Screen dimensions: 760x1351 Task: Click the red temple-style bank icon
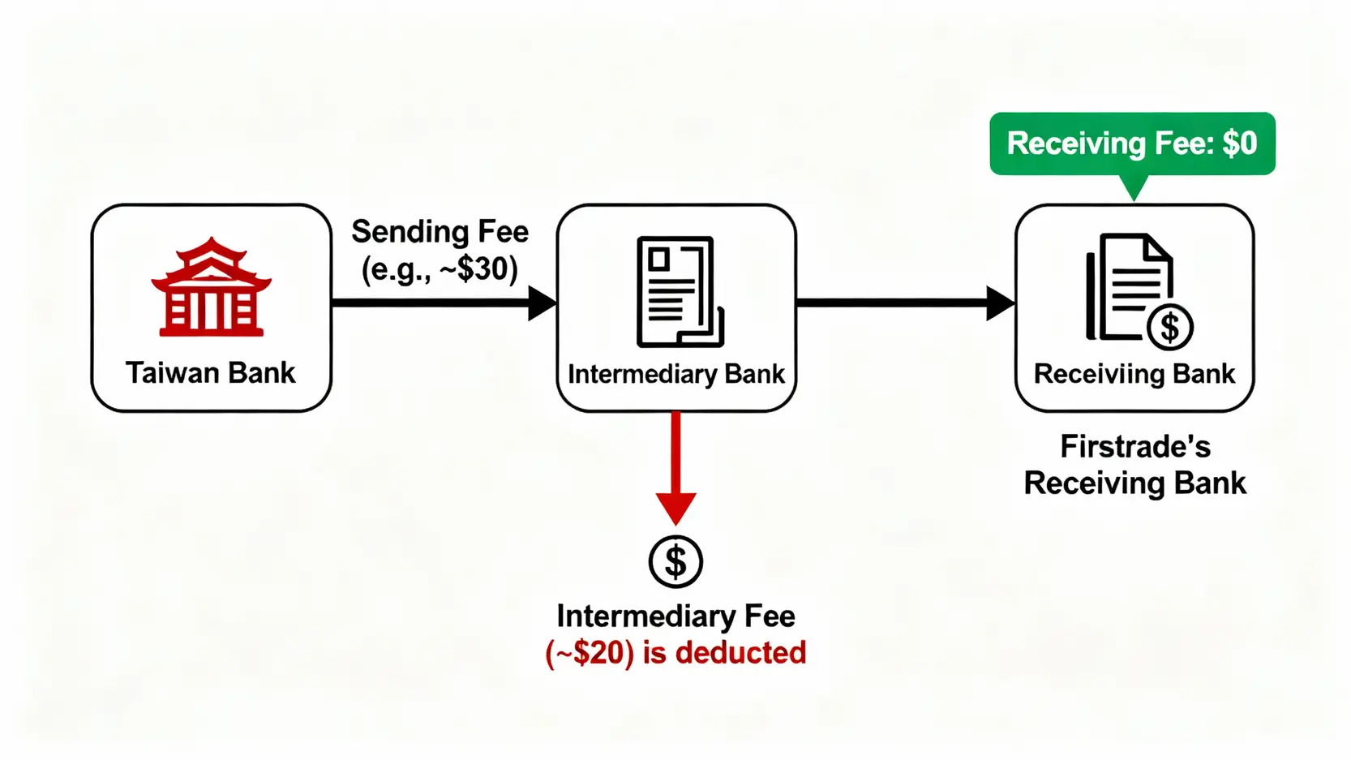coord(211,287)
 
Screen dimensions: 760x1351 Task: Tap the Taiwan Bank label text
coord(211,373)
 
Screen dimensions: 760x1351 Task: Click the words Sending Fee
coord(440,232)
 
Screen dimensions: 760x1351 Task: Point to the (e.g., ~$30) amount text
coord(440,269)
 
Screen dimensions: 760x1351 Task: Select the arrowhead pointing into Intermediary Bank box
coord(542,303)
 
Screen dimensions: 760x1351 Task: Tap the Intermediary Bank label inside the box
coord(676,374)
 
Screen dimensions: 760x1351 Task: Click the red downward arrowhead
coord(675,508)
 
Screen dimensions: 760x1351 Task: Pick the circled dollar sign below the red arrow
coord(675,561)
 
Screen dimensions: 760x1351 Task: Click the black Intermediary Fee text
coord(675,616)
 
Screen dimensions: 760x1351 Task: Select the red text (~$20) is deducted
coord(675,653)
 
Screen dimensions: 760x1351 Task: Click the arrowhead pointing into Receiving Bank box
coord(1000,303)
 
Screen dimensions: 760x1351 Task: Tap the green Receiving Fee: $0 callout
coord(1132,144)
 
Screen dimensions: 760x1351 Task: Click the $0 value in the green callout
coord(1240,144)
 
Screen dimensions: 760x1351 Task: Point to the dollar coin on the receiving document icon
coord(1170,328)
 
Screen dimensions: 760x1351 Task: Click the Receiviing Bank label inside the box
coord(1134,374)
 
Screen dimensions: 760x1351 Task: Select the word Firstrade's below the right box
coord(1134,447)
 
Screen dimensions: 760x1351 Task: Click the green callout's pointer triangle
coord(1134,187)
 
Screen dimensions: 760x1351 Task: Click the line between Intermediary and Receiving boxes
coord(892,303)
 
